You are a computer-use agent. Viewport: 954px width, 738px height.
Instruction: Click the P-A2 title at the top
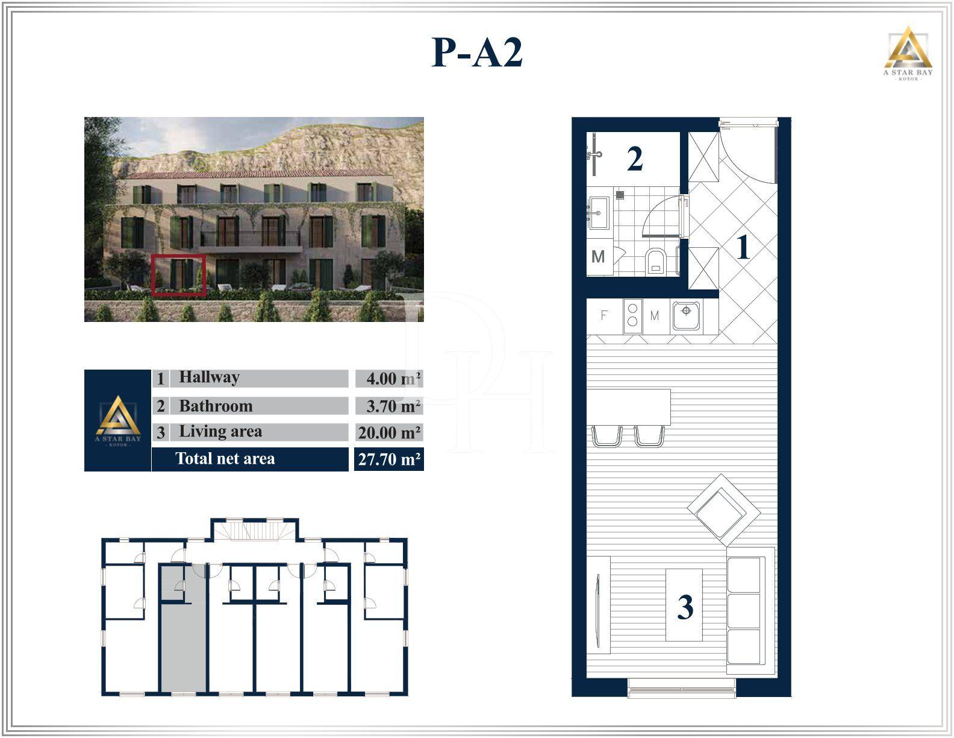[x=477, y=53]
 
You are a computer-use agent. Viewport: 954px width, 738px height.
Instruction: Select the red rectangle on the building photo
[x=178, y=276]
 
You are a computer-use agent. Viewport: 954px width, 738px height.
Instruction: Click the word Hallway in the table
[x=209, y=377]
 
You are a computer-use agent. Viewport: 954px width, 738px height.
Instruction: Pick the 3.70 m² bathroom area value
[x=393, y=406]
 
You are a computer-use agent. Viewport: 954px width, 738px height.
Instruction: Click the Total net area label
[x=225, y=459]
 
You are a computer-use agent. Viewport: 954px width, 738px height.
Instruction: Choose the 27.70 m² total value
[x=389, y=459]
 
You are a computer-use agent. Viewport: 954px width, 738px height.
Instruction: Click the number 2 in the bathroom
[x=634, y=159]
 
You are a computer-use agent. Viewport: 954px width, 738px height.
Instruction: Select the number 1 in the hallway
[x=743, y=247]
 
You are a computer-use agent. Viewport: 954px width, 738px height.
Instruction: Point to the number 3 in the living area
[x=685, y=607]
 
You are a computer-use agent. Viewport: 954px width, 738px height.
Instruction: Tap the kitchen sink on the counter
[x=686, y=315]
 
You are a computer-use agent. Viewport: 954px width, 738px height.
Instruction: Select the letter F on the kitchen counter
[x=603, y=315]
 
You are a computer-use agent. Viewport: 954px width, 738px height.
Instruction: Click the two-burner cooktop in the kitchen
[x=632, y=315]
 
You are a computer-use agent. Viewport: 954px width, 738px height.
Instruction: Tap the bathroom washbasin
[x=599, y=212]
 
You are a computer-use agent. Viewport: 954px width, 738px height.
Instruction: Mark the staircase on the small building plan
[x=254, y=531]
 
